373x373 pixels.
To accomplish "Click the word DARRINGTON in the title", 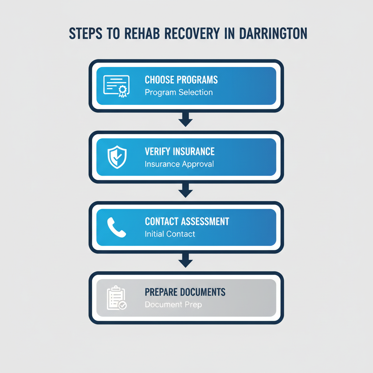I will pos(274,33).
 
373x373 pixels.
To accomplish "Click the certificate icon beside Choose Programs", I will pos(116,86).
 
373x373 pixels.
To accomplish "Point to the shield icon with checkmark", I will pos(117,157).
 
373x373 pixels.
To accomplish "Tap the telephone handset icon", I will pos(117,228).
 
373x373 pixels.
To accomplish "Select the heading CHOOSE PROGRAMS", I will pos(181,80).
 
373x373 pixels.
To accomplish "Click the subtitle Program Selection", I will pos(178,92).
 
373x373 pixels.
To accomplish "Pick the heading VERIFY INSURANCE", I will pos(180,151).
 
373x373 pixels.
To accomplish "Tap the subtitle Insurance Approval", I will pos(179,164).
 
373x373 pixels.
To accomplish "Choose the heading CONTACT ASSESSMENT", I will pos(187,221).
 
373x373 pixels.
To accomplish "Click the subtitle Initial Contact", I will pos(170,234).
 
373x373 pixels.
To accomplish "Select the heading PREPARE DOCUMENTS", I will pos(185,292).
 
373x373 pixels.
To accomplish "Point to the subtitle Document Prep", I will pos(173,304).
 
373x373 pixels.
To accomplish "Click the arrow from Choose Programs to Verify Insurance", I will pos(186,120).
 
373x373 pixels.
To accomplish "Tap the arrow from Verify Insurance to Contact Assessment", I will pos(186,191).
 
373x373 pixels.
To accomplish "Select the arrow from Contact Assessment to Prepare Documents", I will pos(186,261).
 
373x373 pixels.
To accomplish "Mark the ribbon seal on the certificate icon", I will pos(123,91).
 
